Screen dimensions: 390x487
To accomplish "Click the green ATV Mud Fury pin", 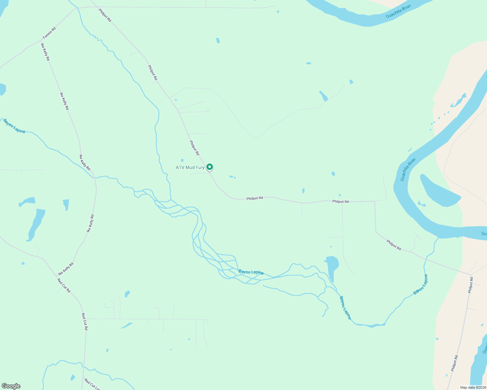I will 210,167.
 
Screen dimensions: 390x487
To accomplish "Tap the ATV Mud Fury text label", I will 190,167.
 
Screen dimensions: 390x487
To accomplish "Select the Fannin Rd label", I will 49,33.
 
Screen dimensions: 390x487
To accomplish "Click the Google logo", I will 11,386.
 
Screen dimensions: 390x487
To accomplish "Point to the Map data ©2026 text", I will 473,387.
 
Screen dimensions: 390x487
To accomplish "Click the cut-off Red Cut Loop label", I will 92,384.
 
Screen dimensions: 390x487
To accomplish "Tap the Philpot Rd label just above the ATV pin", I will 194,148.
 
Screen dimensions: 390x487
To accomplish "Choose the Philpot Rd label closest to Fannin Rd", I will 105,15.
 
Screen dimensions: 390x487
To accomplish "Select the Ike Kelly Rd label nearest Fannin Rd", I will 45,52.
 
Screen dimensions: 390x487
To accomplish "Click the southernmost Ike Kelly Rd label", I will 66,269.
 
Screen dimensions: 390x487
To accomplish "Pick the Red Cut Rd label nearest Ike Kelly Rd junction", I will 64,285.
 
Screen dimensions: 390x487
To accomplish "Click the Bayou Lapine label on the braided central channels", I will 251,272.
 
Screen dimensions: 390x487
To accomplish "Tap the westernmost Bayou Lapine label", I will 14,126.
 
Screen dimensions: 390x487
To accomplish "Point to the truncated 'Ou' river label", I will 484,234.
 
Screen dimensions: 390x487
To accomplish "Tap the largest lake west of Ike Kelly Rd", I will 36,224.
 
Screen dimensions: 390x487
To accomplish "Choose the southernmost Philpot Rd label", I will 454,363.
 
